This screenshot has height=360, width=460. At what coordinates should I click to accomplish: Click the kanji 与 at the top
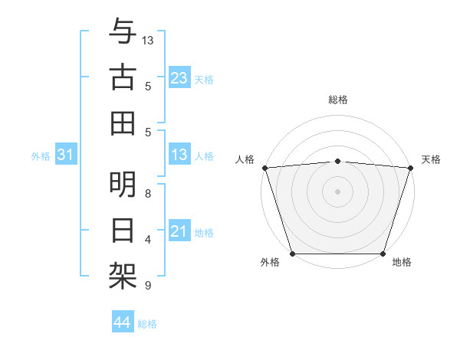123,32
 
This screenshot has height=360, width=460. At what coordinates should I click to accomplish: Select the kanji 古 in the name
123,77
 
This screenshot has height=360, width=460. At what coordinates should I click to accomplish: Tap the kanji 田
123,123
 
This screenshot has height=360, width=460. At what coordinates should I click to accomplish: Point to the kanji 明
123,185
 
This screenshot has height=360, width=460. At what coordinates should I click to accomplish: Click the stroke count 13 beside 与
148,40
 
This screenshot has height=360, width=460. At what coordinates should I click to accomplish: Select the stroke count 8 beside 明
148,193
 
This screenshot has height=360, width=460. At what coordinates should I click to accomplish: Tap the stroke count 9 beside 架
148,286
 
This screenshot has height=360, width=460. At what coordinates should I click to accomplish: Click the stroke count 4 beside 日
148,240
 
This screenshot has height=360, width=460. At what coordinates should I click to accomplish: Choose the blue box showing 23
179,78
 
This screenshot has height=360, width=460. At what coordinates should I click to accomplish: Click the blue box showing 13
179,155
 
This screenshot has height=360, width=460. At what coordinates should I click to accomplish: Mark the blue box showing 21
179,231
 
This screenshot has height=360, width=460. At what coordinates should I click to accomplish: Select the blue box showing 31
66,155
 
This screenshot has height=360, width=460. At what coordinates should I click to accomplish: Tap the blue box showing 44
122,322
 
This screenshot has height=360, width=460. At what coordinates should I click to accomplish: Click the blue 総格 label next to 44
147,324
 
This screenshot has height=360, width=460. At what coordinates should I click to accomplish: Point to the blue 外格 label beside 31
41,156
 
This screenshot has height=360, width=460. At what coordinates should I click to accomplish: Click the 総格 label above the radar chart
338,100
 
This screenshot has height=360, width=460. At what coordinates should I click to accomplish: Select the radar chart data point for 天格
411,168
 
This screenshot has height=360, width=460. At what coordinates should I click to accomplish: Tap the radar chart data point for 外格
293,253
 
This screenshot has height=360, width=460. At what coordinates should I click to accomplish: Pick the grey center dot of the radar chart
338,191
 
